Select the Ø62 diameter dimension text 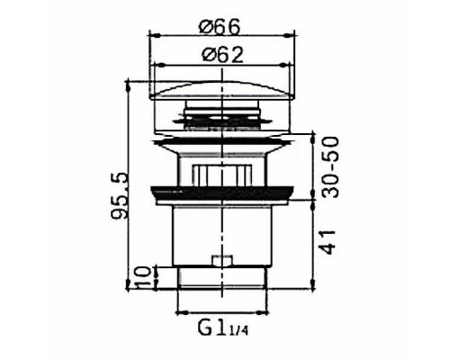click(219, 53)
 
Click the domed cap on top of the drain click(219, 92)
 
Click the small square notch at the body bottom click(219, 263)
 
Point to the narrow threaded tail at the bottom click(219, 279)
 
